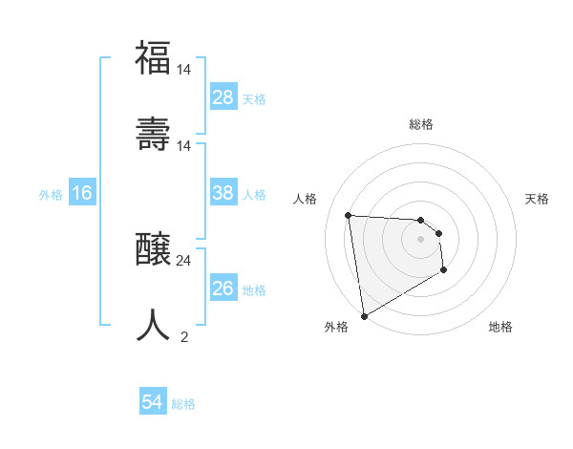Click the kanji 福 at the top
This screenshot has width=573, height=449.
click(154, 57)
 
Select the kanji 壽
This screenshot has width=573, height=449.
click(154, 133)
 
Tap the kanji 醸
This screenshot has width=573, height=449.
click(154, 248)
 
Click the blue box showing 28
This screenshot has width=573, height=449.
click(223, 97)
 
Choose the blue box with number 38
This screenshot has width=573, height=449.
click(223, 193)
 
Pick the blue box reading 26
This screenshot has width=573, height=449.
click(223, 289)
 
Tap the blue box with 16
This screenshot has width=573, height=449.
click(82, 193)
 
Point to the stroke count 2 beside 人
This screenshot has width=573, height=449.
click(184, 336)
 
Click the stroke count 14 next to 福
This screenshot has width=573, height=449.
click(184, 69)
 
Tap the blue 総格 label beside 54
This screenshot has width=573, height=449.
click(183, 404)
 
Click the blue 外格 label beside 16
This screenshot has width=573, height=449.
click(51, 194)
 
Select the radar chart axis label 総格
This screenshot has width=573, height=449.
click(421, 124)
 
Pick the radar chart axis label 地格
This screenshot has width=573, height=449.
click(500, 328)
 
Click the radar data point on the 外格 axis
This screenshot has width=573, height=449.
click(364, 315)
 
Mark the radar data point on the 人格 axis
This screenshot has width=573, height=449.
click(349, 215)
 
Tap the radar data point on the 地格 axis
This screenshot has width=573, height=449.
click(444, 271)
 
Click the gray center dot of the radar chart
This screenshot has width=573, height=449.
click(421, 240)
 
